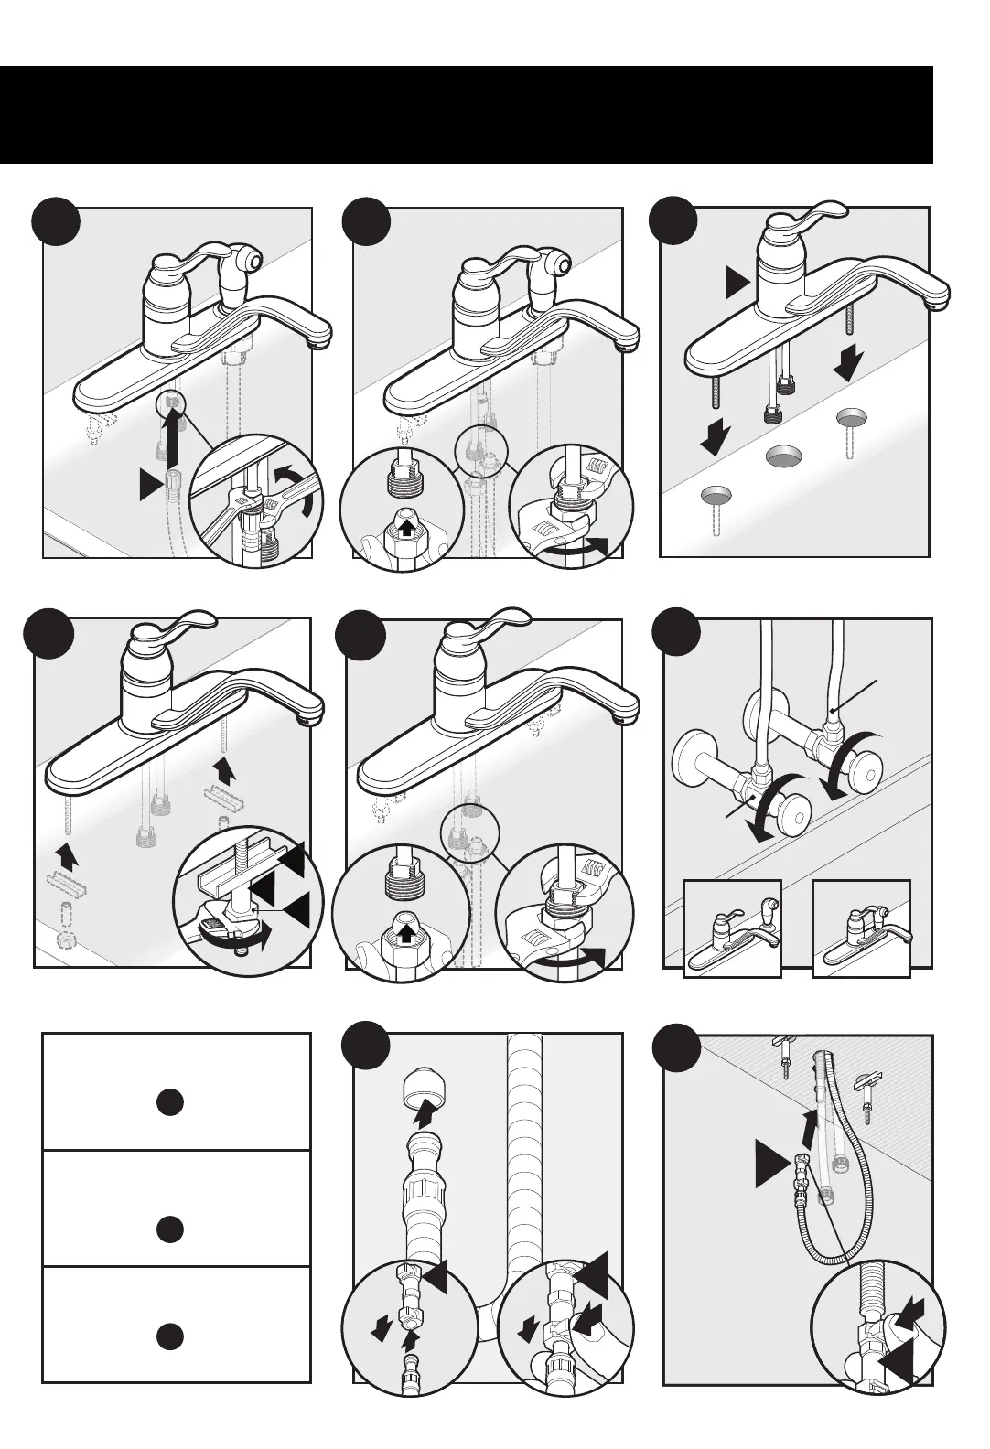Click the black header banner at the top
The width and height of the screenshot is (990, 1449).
[467, 114]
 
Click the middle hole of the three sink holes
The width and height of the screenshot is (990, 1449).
[783, 456]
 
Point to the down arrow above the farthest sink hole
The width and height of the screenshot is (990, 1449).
[849, 366]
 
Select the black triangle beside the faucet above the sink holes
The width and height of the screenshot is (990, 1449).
[737, 284]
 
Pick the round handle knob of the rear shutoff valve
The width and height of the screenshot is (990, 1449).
[865, 756]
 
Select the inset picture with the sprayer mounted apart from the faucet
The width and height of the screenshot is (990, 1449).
[732, 928]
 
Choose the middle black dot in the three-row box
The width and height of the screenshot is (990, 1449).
[168, 1229]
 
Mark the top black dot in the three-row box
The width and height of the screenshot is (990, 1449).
[168, 1102]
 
